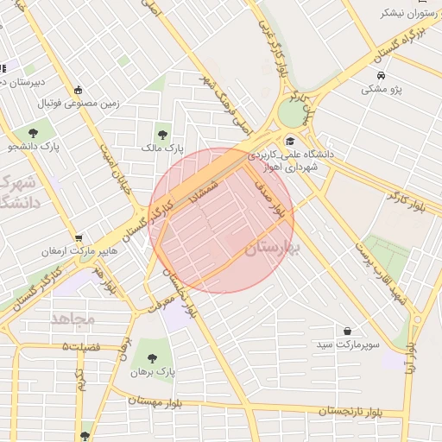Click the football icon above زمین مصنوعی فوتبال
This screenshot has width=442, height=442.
pyautogui.click(x=79, y=90)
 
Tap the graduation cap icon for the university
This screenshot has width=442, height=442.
pyautogui.click(x=290, y=141)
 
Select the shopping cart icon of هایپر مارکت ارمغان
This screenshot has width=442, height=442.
pyautogui.click(x=79, y=237)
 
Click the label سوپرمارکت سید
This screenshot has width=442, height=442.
pyautogui.click(x=347, y=345)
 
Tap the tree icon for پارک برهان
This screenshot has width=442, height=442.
pyautogui.click(x=153, y=358)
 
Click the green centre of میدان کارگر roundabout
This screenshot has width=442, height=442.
pyautogui.click(x=293, y=113)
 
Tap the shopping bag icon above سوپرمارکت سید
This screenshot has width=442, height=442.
pyautogui.click(x=347, y=331)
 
